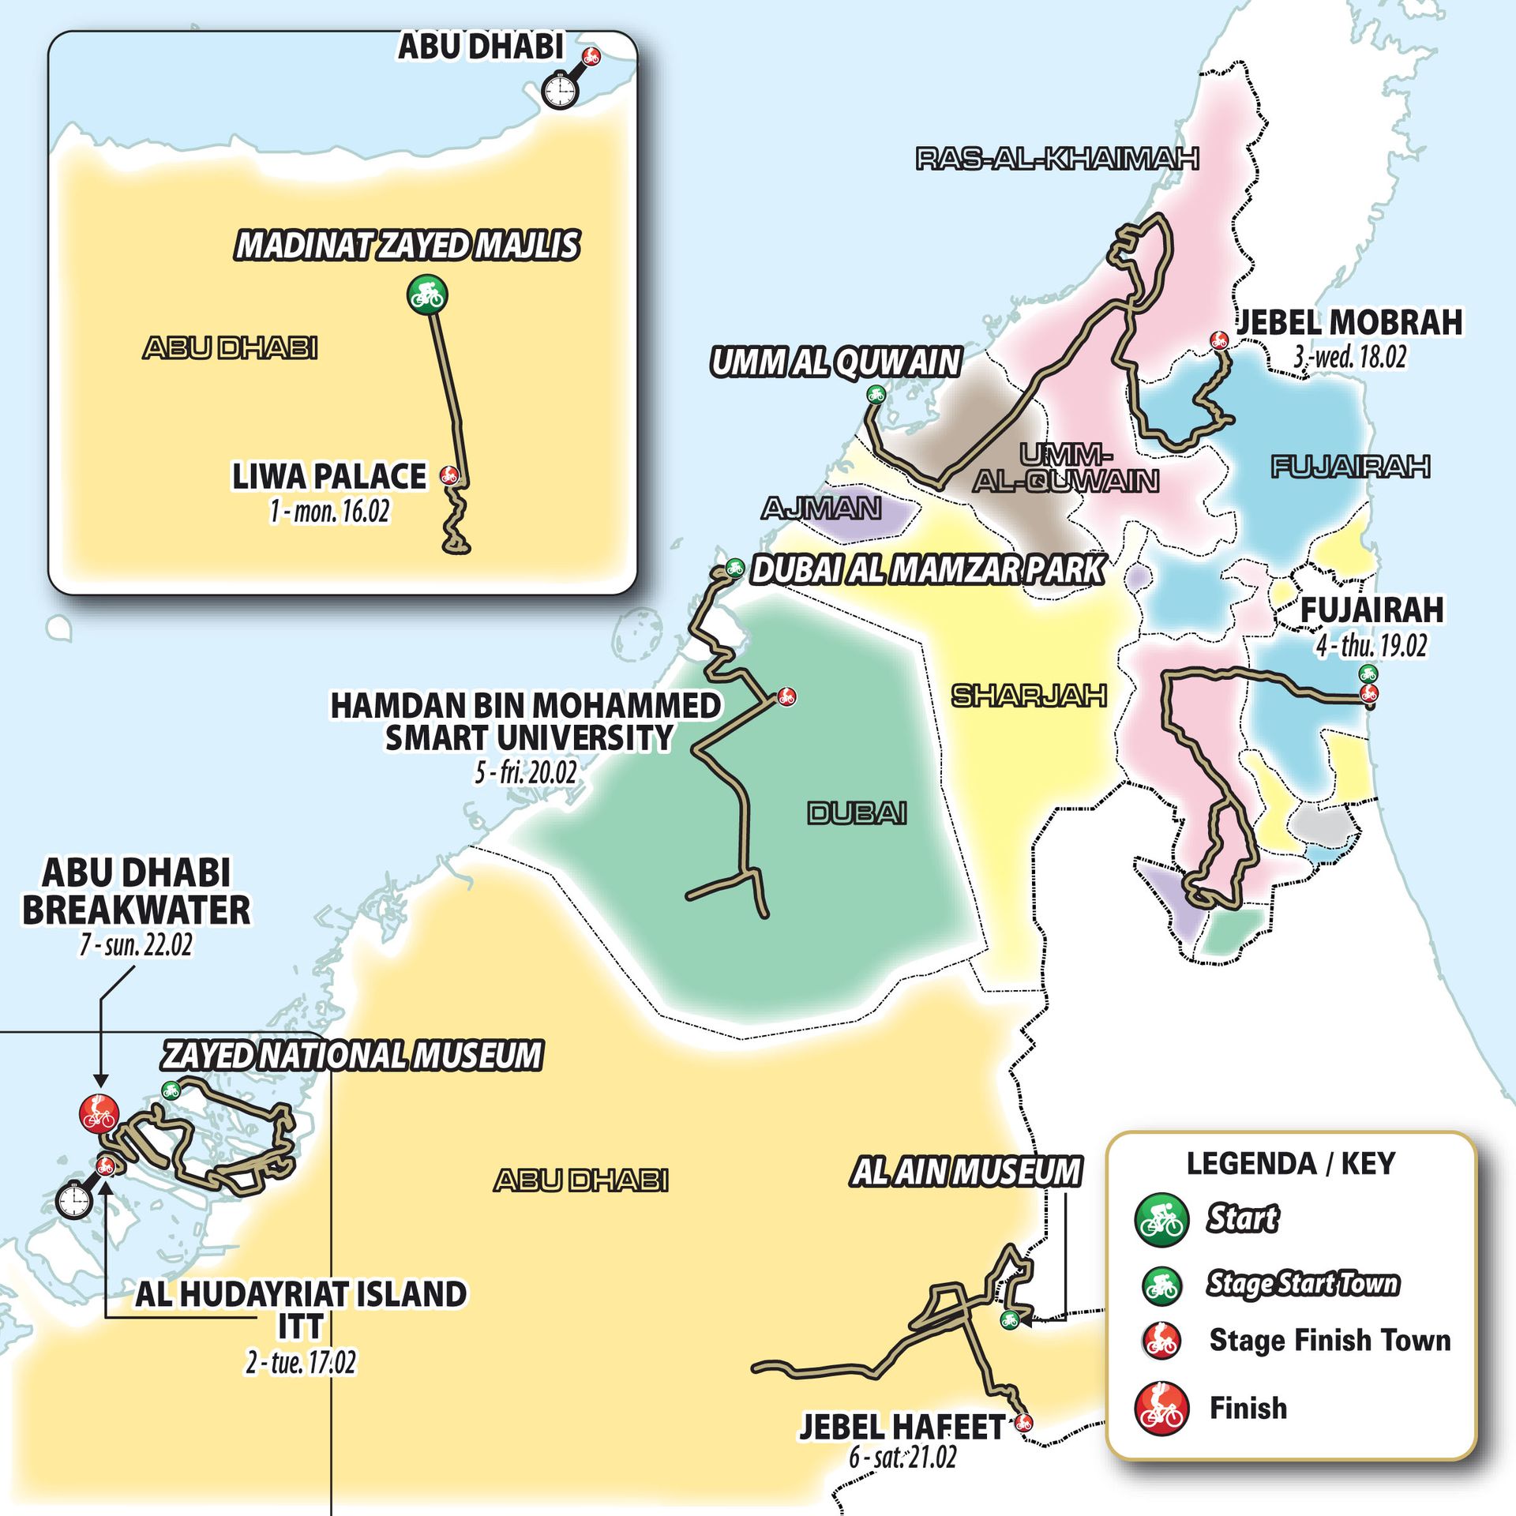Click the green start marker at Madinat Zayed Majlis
[x=427, y=295]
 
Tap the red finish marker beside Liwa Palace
[x=449, y=475]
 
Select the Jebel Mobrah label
[x=1349, y=322]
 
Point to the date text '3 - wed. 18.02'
[x=1349, y=357]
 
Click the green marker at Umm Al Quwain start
[x=875, y=393]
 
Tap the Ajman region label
[x=821, y=508]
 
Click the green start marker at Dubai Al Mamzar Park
[x=734, y=566]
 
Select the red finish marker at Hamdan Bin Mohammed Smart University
[x=786, y=696]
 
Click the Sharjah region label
[x=1029, y=696]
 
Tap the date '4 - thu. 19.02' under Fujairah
[x=1372, y=646]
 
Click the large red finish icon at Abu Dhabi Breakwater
[x=99, y=1113]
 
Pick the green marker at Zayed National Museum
[x=170, y=1090]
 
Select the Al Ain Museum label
[x=966, y=1171]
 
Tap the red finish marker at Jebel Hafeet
[x=1023, y=1422]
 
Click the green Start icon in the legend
[x=1161, y=1220]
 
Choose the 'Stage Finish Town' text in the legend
[x=1330, y=1340]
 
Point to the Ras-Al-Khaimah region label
[x=1057, y=159]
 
